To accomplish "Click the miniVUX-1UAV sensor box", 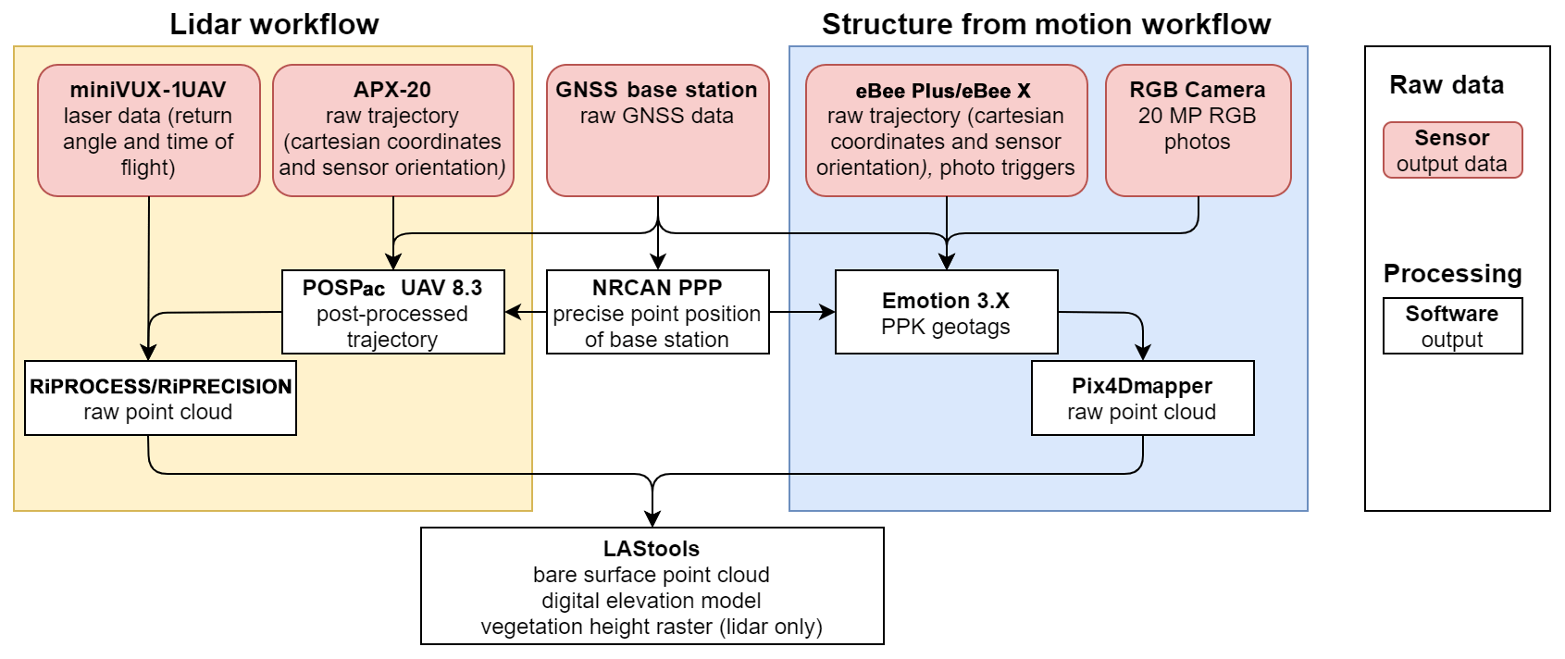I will (x=148, y=130).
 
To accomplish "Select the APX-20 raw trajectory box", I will (x=392, y=130).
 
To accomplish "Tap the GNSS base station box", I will (x=657, y=130).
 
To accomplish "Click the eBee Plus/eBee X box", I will (x=946, y=130).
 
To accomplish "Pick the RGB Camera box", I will (x=1198, y=130).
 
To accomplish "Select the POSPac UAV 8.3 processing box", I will (x=392, y=312).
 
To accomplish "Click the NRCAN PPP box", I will (x=657, y=312).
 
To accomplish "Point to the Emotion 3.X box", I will (x=946, y=312).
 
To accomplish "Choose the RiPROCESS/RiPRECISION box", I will (x=160, y=398).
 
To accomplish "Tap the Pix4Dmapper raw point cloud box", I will (x=1142, y=398).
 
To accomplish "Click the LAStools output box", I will (x=652, y=586).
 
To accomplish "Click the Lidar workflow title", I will (x=274, y=24).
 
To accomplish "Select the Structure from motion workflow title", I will (x=1046, y=24).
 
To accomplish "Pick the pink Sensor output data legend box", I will (x=1452, y=150).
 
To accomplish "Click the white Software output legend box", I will (x=1452, y=326).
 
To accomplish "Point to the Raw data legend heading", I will (x=1447, y=85).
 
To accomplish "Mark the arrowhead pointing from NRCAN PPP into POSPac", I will (x=513, y=313).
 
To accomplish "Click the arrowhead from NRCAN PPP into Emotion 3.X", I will (x=827, y=313).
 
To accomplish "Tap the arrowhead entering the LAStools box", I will (x=653, y=519).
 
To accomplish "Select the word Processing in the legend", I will (x=1452, y=274).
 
